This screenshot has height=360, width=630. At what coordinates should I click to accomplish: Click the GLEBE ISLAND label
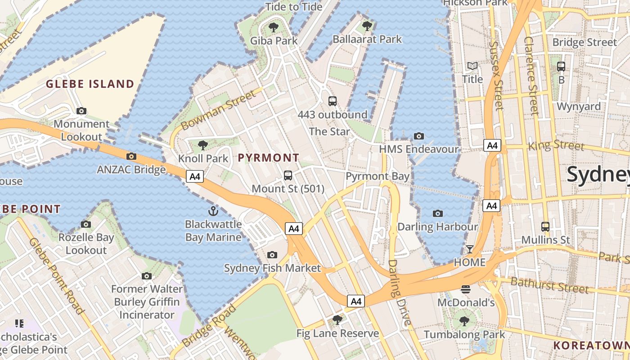(x=90, y=84)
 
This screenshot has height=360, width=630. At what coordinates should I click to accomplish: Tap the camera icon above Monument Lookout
(x=81, y=111)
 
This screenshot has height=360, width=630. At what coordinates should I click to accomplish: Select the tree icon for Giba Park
(x=273, y=27)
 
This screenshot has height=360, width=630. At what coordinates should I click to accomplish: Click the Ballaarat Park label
(x=367, y=39)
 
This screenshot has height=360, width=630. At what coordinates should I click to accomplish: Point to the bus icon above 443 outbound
(x=333, y=101)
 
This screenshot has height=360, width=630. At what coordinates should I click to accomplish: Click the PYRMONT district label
(x=268, y=157)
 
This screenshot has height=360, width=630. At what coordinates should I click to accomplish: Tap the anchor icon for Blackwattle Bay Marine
(x=213, y=211)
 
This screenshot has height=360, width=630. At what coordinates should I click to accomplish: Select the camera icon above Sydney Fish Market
(x=272, y=255)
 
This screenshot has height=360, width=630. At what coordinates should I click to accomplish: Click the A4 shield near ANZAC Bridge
(x=195, y=176)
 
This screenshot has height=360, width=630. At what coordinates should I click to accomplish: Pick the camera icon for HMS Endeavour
(x=418, y=136)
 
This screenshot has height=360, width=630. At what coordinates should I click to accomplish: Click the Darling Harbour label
(x=437, y=226)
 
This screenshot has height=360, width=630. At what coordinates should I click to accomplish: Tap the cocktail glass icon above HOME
(x=469, y=249)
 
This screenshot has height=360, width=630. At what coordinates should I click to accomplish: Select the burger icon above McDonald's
(x=466, y=289)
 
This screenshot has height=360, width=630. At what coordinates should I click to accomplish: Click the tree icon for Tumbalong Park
(x=464, y=321)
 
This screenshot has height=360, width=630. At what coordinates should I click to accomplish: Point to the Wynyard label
(x=579, y=107)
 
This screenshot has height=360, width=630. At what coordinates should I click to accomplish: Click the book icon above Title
(x=472, y=66)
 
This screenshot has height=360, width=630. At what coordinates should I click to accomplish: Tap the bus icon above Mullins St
(x=545, y=226)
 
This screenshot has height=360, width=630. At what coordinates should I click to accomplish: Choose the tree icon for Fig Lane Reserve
(x=337, y=320)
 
